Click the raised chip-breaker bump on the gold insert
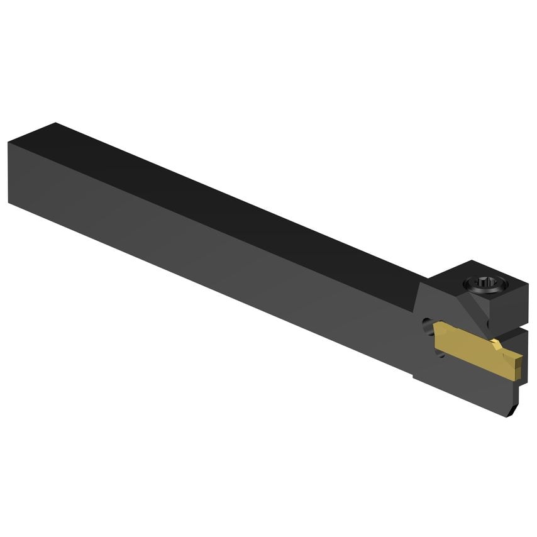(x=497, y=344)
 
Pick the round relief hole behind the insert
(x=426, y=328)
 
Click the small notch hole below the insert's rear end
(x=439, y=353)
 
